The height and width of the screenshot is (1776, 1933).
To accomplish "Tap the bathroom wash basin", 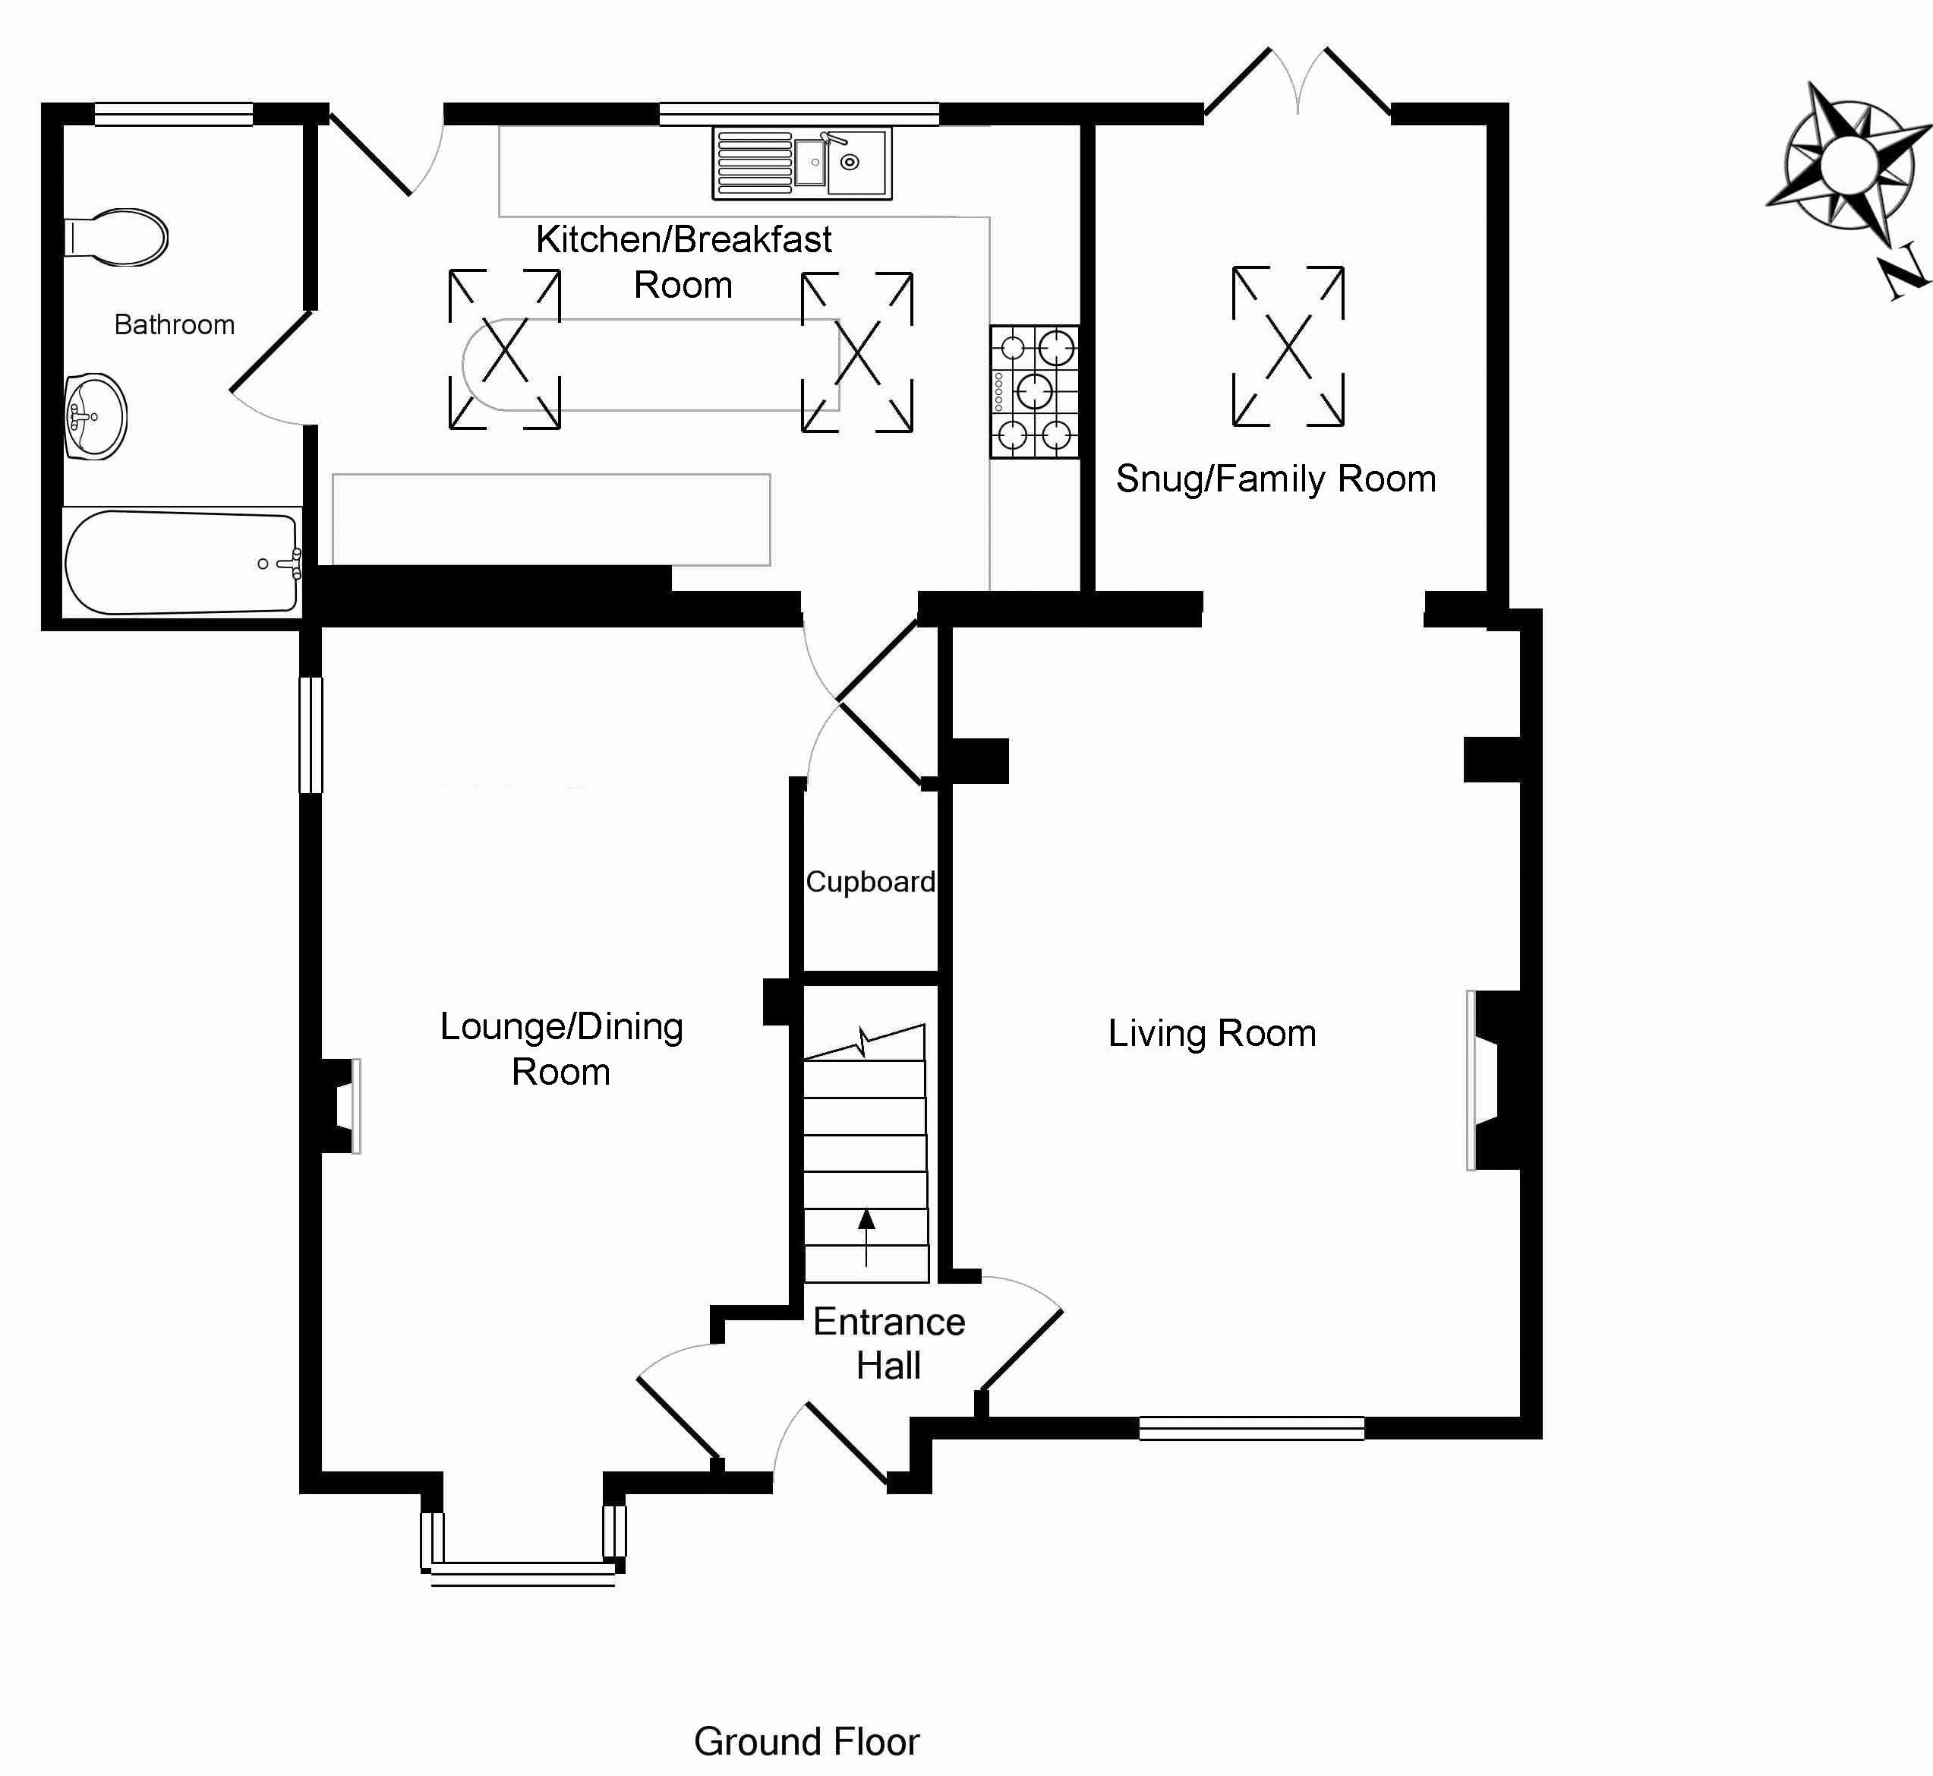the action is [x=96, y=417].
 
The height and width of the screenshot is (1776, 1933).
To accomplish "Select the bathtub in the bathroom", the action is [x=181, y=562].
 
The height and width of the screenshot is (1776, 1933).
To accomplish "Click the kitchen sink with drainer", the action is [x=803, y=163].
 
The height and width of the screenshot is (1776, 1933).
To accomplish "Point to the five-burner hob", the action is [x=1035, y=392].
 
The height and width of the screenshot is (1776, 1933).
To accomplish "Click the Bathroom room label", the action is [x=174, y=325].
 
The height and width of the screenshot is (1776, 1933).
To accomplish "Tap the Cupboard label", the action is [x=869, y=881].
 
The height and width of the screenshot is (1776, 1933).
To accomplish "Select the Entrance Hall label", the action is [x=889, y=1344].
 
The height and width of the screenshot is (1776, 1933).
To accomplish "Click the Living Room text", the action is [x=1212, y=1033].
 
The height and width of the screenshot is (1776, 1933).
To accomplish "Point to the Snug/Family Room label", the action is [x=1276, y=479].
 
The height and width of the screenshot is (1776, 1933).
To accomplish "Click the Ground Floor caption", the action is [x=806, y=1741].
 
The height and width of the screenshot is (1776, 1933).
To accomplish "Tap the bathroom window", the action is [x=174, y=115].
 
